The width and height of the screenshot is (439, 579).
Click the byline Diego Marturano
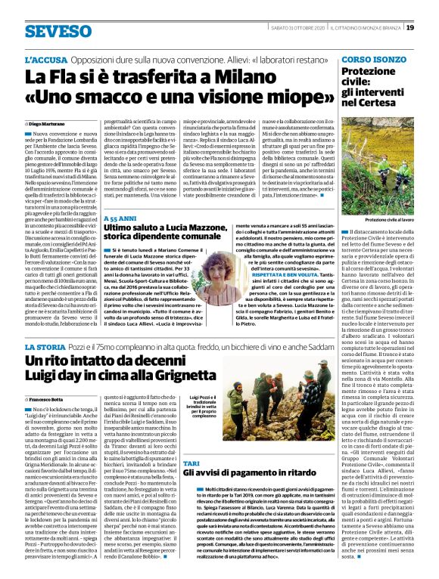[49, 122]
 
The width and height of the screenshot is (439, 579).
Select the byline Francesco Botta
[49, 417]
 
